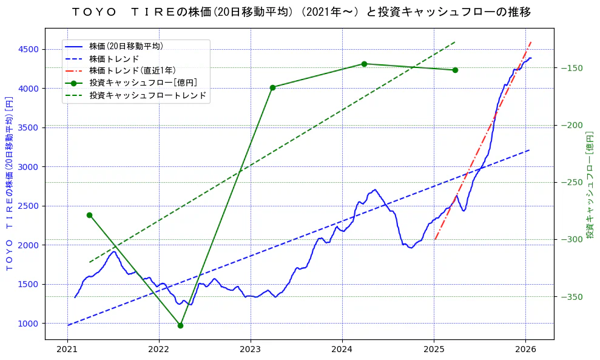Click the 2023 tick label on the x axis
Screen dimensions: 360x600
click(x=251, y=350)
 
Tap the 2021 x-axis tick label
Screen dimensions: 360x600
click(x=67, y=350)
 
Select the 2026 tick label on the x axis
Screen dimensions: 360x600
click(x=525, y=350)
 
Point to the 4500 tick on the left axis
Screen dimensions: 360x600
click(x=29, y=49)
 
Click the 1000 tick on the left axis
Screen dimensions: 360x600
click(x=29, y=323)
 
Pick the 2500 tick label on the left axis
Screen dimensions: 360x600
click(x=29, y=206)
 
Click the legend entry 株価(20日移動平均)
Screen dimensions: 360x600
click(x=126, y=46)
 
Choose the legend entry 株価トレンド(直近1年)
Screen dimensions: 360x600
click(x=132, y=70)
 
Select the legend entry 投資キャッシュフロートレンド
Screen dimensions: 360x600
click(x=147, y=95)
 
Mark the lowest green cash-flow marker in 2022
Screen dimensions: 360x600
click(x=180, y=325)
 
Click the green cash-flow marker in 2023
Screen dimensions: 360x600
click(x=272, y=87)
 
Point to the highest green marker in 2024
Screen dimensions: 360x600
click(x=364, y=64)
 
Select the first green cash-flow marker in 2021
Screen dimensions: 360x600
click(x=89, y=215)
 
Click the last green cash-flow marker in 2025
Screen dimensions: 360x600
click(x=455, y=70)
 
